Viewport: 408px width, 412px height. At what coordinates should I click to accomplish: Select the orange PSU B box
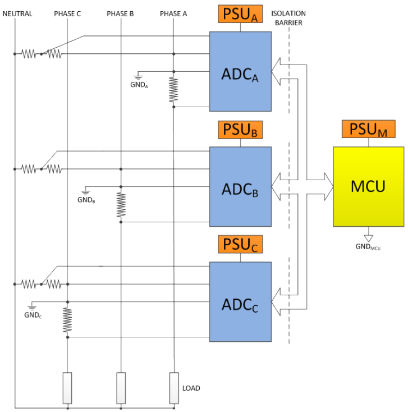pyautogui.click(x=241, y=131)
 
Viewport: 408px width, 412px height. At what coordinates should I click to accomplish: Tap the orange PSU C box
pyautogui.click(x=241, y=245)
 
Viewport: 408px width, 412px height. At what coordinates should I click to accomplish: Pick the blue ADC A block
pyautogui.click(x=240, y=71)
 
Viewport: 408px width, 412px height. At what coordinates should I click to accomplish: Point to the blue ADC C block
pyautogui.click(x=240, y=301)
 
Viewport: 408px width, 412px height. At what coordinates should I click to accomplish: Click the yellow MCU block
pyautogui.click(x=368, y=186)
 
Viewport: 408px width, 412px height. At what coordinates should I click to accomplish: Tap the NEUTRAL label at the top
pyautogui.click(x=17, y=13)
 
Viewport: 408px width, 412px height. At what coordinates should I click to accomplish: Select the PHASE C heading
pyautogui.click(x=67, y=13)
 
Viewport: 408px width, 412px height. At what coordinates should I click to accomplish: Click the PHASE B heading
pyautogui.click(x=120, y=13)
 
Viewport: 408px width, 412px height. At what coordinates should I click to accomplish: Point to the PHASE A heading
pyautogui.click(x=173, y=13)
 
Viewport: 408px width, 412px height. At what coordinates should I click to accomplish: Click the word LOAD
pyautogui.click(x=191, y=388)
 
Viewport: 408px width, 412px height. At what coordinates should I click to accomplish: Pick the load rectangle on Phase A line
pyautogui.click(x=174, y=388)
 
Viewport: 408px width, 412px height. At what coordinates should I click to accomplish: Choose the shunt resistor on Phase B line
pyautogui.click(x=121, y=204)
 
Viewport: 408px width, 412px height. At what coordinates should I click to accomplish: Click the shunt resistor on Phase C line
pyautogui.click(x=67, y=320)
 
